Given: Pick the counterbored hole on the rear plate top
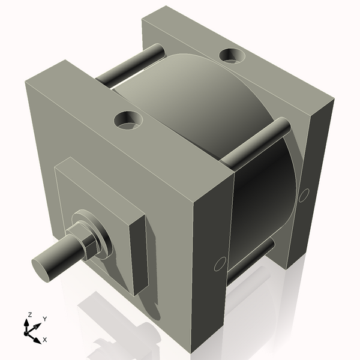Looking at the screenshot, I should coord(232,56).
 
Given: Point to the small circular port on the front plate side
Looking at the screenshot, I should coord(220,263).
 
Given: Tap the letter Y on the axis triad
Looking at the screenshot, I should coord(45,319).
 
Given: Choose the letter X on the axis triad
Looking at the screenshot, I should coord(45,340).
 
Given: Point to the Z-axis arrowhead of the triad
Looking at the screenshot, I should coord(28,322).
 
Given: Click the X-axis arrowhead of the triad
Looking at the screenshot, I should coord(38,337).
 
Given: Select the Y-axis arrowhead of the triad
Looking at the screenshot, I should coord(38,325).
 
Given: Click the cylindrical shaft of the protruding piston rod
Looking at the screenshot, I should coord(60,255).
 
